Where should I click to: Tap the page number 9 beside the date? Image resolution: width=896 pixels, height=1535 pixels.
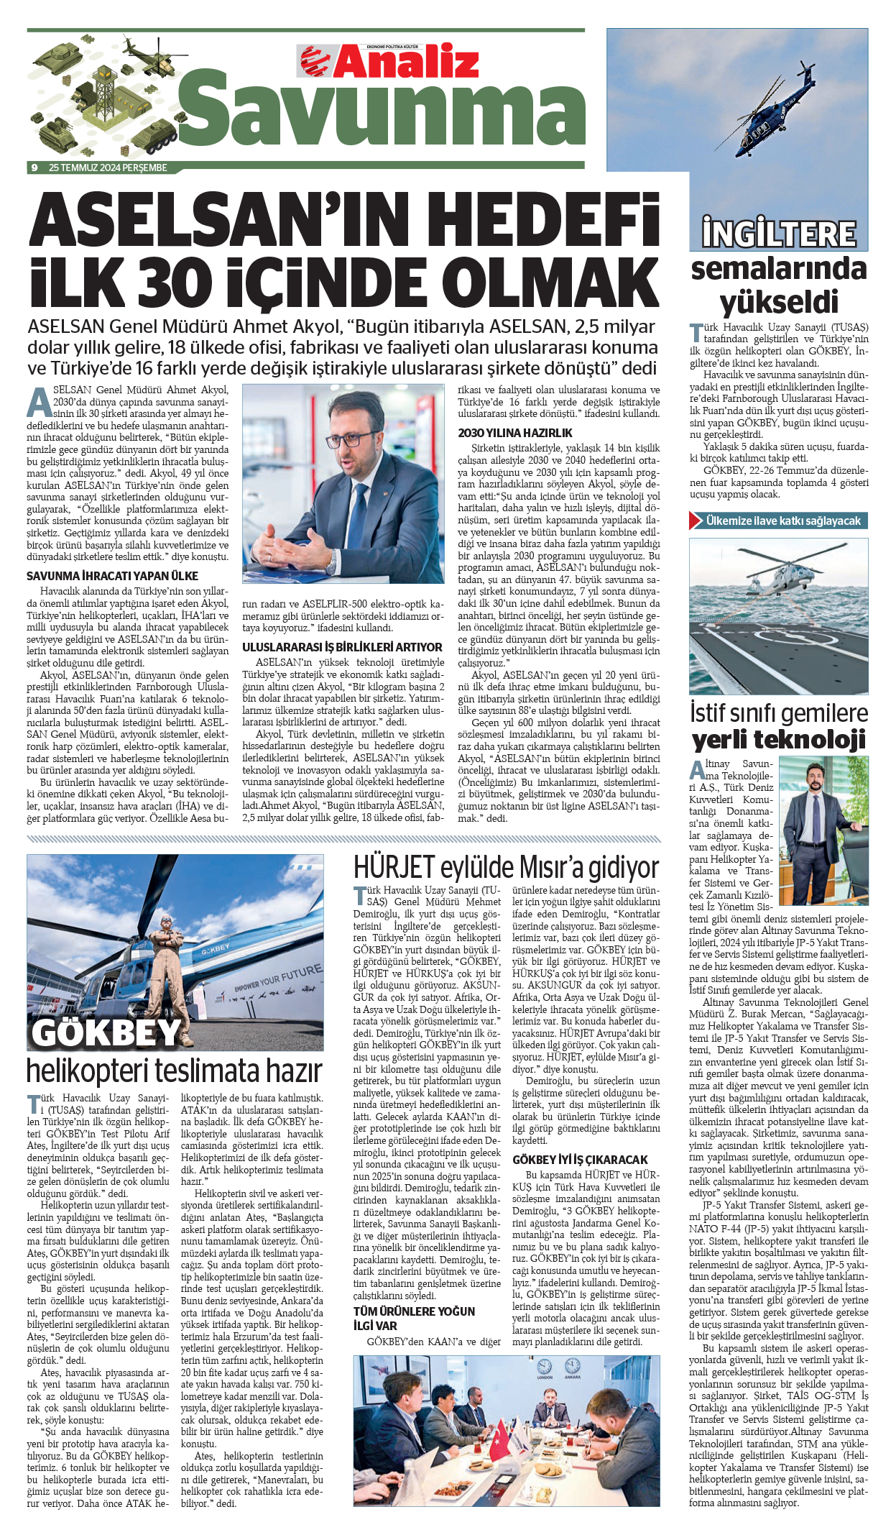[x=34, y=168]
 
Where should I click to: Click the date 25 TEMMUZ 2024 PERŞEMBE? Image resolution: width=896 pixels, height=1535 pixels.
[x=108, y=168]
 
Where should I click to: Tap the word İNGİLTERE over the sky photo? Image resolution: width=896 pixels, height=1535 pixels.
[x=779, y=234]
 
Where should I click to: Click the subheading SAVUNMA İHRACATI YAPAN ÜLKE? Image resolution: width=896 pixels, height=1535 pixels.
[x=112, y=576]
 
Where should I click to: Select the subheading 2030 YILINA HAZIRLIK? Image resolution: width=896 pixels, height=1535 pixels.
[x=515, y=433]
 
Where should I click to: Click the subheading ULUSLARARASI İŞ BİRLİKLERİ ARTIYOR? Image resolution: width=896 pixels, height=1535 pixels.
[x=342, y=647]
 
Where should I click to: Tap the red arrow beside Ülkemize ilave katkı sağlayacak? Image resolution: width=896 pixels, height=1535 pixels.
[x=696, y=521]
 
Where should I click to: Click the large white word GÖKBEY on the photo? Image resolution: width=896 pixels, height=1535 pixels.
[x=106, y=1032]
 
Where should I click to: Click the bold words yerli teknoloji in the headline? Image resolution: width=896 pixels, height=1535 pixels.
[x=779, y=739]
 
